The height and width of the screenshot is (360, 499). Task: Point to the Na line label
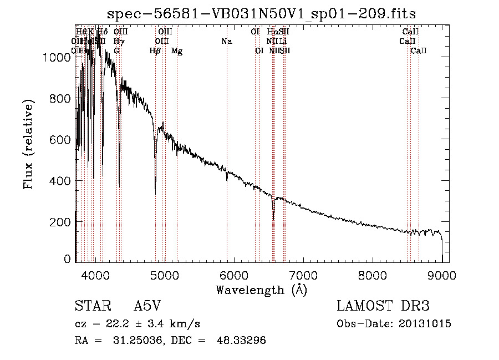[226, 41]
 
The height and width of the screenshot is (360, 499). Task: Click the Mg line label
[177, 51]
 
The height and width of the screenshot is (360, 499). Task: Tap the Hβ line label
[155, 51]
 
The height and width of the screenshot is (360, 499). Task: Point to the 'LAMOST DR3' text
[383, 306]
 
